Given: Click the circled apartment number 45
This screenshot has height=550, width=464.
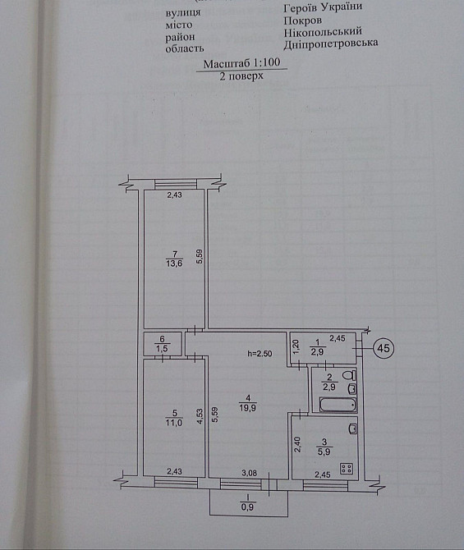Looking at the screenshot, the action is [384, 348].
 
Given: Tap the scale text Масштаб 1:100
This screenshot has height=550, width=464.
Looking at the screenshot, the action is [241, 63].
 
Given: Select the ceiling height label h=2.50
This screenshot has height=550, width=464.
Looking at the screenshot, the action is [260, 354].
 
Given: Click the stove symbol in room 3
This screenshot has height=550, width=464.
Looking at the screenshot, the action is [347, 469].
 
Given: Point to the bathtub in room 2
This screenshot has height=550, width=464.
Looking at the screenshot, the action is [338, 405].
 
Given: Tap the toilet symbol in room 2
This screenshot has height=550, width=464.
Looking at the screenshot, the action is [350, 376].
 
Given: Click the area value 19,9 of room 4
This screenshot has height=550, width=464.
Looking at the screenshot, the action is [248, 408].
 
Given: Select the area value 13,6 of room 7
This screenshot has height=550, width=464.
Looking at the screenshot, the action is [174, 263].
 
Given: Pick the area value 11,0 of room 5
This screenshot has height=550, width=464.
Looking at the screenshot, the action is [174, 423].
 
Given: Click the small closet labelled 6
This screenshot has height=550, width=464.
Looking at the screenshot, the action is [163, 344].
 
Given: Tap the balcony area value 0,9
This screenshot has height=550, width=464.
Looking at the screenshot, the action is [247, 506].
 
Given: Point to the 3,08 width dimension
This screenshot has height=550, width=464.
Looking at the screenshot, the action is [249, 473].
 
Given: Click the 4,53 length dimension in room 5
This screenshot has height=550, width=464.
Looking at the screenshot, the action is [200, 417].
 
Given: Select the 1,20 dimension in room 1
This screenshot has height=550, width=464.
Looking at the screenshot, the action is [296, 346].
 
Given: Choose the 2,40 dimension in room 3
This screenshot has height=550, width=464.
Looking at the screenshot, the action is [297, 444].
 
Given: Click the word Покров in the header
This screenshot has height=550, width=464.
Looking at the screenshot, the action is [302, 21].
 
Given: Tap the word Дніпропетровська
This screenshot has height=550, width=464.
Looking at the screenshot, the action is [331, 44].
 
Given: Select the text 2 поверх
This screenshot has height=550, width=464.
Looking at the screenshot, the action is [241, 76].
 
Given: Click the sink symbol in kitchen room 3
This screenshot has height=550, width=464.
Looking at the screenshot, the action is [353, 429].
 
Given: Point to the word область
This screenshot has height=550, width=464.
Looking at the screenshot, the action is [185, 48].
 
